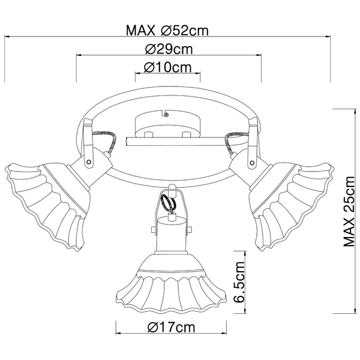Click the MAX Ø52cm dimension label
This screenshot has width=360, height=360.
[167, 31]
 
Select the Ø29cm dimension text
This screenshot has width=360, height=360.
[169, 49]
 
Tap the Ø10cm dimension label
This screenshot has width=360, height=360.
[167, 67]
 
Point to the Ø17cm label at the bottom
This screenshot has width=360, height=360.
[171, 327]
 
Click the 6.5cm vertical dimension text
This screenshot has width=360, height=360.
[239, 282]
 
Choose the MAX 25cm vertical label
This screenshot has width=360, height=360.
[349, 211]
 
